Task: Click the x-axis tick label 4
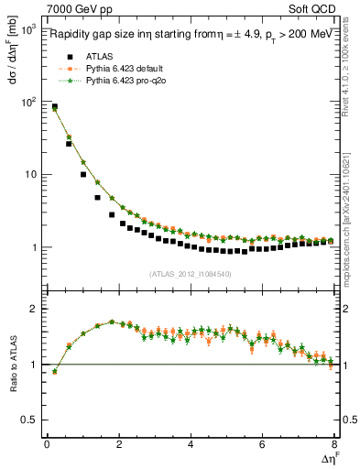click(191, 445)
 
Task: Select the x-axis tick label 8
click(334, 445)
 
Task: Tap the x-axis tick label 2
click(118, 445)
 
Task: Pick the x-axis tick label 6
click(263, 445)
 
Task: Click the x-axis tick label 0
click(47, 445)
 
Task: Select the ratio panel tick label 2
click(33, 309)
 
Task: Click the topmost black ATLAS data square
click(54, 107)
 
